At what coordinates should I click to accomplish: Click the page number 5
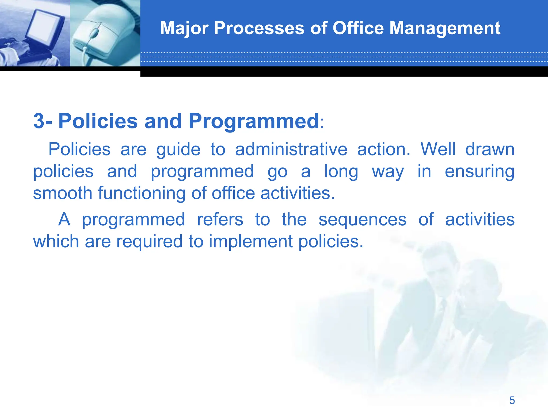click(512, 401)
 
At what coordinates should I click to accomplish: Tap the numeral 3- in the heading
click(43, 121)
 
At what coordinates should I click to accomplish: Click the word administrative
click(291, 149)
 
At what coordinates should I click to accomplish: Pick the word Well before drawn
click(438, 149)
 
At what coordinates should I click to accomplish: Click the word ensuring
click(479, 171)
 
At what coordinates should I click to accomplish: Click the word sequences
click(362, 220)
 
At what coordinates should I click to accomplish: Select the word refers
click(220, 220)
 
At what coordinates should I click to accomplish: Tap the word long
click(341, 172)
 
